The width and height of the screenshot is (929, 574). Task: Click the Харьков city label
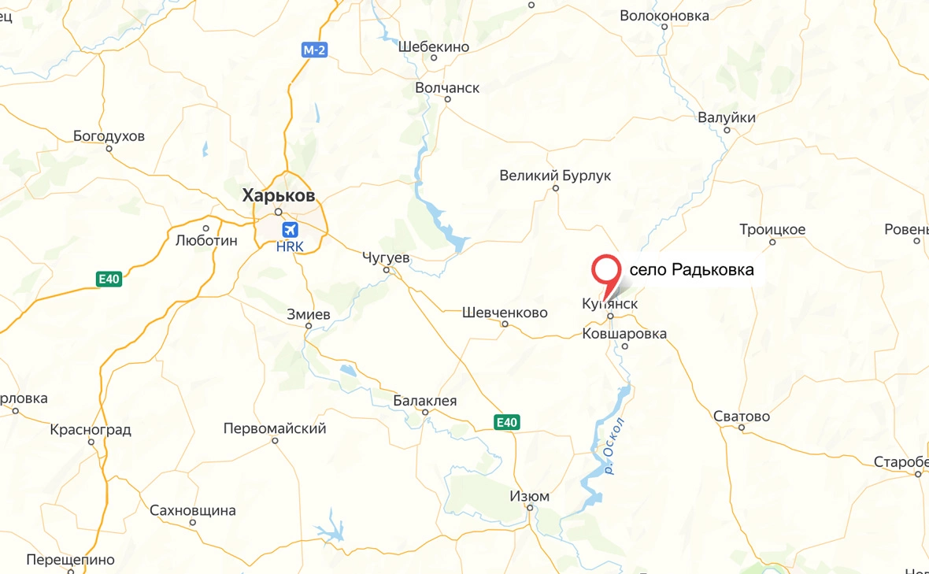click(278, 194)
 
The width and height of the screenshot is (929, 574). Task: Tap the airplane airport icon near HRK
click(291, 230)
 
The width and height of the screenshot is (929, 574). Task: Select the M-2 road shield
click(315, 50)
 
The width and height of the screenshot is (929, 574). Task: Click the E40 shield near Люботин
click(109, 279)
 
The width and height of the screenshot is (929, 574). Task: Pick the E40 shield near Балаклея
click(506, 423)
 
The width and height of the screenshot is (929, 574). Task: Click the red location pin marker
click(605, 272)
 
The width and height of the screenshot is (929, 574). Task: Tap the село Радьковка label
click(691, 270)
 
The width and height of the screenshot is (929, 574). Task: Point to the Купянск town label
click(609, 303)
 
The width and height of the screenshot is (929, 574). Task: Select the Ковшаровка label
click(624, 334)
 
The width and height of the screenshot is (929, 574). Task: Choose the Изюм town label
click(529, 497)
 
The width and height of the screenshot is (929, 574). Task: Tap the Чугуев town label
click(386, 257)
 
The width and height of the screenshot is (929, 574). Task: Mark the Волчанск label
click(447, 87)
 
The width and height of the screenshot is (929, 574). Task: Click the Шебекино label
click(434, 46)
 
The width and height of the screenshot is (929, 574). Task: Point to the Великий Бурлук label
click(555, 176)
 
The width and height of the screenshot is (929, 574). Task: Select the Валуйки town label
click(727, 118)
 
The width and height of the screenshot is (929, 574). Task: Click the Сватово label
click(741, 416)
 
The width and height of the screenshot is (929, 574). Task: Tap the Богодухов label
click(109, 136)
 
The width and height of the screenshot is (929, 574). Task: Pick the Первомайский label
click(275, 428)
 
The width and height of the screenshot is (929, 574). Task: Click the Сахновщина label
click(193, 510)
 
